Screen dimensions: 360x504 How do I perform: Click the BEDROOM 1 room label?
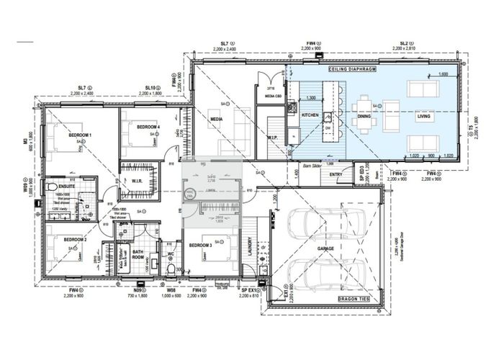(x=79, y=135)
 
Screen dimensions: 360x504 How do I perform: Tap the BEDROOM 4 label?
(x=149, y=127)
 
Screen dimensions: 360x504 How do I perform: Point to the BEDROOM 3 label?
(x=199, y=246)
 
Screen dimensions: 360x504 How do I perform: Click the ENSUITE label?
(x=68, y=186)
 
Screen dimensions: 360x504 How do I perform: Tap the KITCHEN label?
(x=310, y=115)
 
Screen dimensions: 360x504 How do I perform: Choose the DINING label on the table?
(x=364, y=115)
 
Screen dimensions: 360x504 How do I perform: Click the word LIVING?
(x=423, y=115)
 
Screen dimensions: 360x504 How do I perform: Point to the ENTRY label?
(x=336, y=174)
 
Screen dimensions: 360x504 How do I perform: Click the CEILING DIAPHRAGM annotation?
(x=348, y=70)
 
